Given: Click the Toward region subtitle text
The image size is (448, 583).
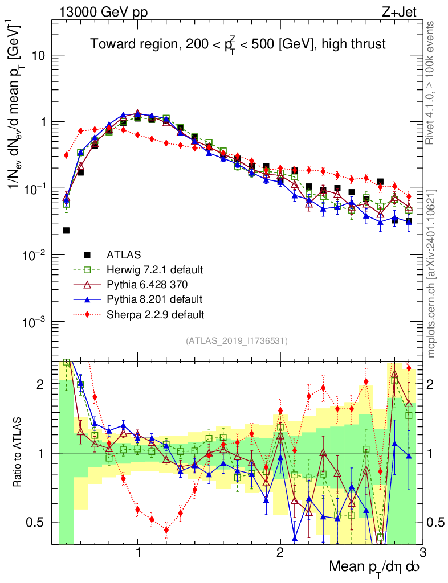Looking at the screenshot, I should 238,44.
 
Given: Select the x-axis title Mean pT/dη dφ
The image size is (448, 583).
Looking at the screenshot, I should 374,566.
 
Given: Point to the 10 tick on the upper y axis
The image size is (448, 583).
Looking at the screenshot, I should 38,56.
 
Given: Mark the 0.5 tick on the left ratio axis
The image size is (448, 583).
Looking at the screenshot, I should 36,522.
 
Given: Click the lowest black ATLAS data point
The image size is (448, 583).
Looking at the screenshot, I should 66,231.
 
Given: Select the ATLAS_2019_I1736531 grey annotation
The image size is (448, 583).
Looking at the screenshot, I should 237,341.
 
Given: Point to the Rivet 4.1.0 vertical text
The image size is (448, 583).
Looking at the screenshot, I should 432,80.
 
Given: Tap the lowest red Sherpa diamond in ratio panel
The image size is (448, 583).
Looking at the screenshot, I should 166,530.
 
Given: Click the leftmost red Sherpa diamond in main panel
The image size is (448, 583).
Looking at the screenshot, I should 66,155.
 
